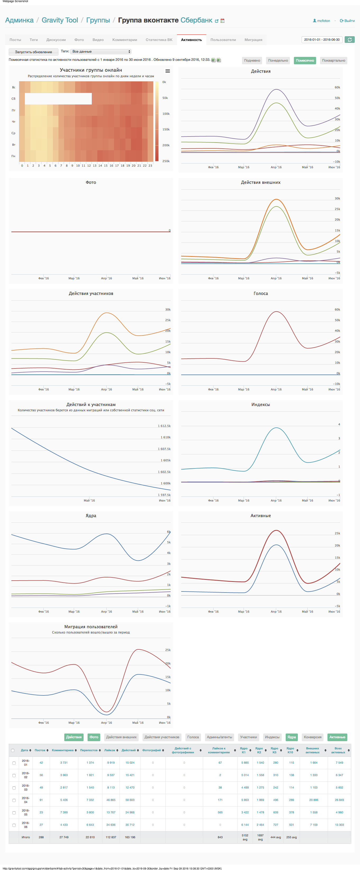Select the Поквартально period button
[333, 61]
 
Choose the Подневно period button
[252, 61]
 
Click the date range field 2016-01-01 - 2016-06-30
[322, 39]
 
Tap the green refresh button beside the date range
[349, 39]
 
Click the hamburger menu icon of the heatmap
[167, 71]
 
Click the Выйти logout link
[348, 21]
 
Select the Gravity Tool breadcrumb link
[60, 20]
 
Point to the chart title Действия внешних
[260, 182]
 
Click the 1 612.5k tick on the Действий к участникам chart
[164, 426]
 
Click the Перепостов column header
[89, 750]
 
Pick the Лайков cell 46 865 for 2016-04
[111, 800]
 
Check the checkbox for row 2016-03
[14, 787]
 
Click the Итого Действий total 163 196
[130, 837]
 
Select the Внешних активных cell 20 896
[314, 800]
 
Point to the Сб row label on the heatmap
[13, 99]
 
